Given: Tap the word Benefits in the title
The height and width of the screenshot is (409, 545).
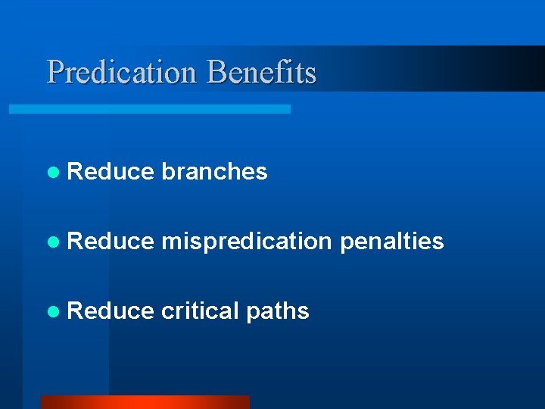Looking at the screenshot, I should coord(261,73).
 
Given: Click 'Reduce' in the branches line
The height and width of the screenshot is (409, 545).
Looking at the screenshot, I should coord(111,172).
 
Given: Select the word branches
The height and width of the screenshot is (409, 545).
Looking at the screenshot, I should coord(214,172).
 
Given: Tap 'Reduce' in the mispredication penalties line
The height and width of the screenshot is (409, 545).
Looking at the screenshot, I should coord(111,242).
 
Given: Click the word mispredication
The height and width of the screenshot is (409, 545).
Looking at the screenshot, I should coord(247,242).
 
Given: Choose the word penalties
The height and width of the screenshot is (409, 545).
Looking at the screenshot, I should coord(391,242).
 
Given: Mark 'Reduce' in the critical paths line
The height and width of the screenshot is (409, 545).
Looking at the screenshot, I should coord(111,311).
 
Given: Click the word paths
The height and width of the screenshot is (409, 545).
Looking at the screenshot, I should coord(277,312).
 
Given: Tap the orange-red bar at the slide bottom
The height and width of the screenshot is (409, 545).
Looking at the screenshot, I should coord(145,402).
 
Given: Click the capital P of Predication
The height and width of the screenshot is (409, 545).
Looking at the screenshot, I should coord(55,73).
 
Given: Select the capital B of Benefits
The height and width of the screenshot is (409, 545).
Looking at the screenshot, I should coord(215,73).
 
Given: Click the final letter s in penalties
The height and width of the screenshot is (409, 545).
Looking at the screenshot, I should coord(438,242).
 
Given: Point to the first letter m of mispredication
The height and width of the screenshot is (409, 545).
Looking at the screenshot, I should coord(170,242).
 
